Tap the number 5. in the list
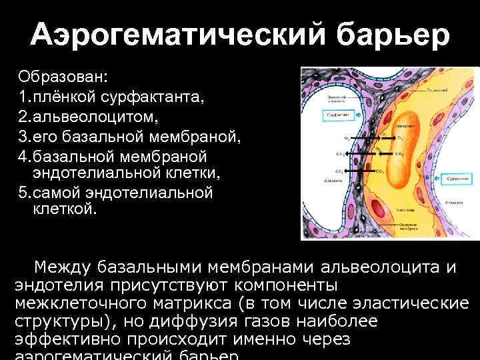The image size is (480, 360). [24, 193]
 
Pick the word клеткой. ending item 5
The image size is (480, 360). [65, 209]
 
